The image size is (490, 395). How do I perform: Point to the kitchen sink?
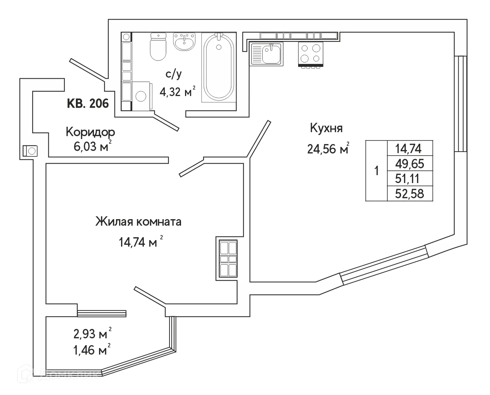267,54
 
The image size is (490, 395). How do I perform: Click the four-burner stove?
310,53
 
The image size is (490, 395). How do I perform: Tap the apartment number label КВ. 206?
88,104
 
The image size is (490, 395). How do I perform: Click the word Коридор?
90,132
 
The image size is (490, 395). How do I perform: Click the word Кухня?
326,128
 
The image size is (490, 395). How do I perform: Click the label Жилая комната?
138,222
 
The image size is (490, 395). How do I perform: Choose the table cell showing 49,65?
409,164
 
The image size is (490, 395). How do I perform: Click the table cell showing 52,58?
409,194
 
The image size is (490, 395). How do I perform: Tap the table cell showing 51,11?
409,179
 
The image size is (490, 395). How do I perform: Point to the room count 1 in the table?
377,171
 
